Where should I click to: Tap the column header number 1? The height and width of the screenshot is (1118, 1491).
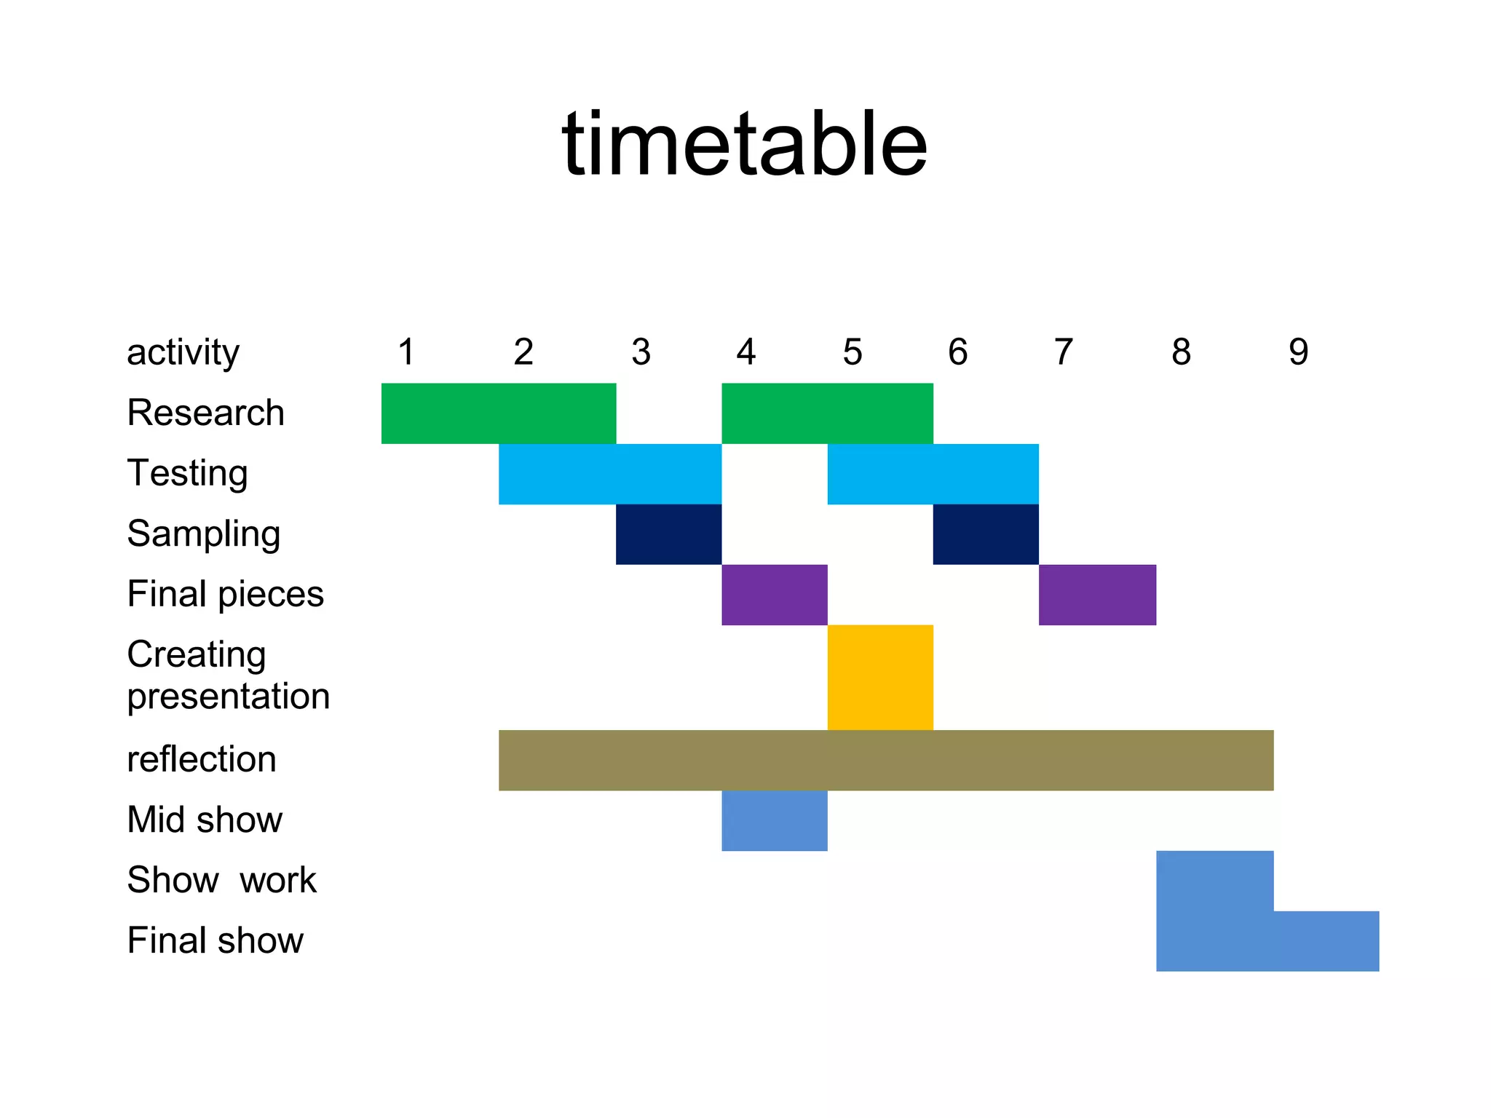tap(406, 352)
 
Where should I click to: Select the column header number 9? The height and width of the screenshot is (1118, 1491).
tap(1298, 352)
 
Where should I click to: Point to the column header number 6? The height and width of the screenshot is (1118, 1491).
tap(957, 352)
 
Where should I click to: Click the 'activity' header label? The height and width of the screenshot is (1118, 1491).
tap(183, 353)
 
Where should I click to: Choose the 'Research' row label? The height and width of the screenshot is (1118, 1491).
tap(205, 413)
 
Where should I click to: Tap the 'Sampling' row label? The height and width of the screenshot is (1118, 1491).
tap(203, 534)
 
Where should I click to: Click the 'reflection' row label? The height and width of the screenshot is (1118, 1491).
tap(202, 759)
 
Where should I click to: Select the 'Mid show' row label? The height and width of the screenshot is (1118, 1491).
tap(205, 820)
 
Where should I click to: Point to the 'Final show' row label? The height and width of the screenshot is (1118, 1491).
tap(215, 940)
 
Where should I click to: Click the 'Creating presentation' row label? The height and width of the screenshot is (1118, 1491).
tap(228, 675)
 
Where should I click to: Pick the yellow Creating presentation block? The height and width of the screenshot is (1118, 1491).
tap(880, 677)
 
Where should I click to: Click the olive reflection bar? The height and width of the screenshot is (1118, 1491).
tap(885, 760)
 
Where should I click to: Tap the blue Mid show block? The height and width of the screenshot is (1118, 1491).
tap(775, 820)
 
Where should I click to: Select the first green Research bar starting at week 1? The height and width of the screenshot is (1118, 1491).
tap(499, 413)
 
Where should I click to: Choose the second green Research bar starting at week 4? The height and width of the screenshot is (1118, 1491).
tap(827, 413)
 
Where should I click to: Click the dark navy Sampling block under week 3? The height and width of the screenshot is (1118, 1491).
tap(668, 534)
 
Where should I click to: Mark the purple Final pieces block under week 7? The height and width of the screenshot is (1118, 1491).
tap(1097, 595)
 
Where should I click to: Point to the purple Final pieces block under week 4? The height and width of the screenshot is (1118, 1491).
tap(775, 595)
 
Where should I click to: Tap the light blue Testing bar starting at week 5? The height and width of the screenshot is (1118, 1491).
tap(933, 474)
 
